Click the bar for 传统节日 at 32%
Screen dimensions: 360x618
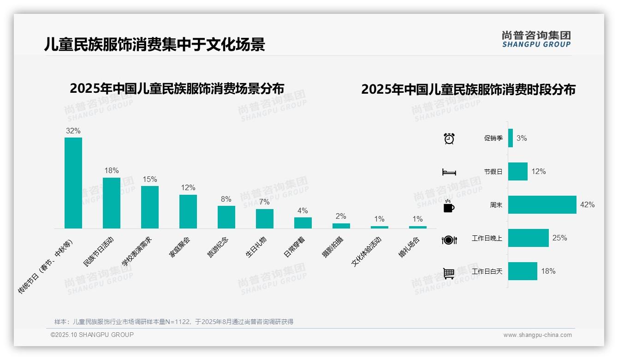click(73, 183)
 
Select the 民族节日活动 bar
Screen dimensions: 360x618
click(112, 203)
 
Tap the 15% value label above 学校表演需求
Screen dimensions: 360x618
click(150, 179)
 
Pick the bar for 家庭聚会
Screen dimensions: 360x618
click(188, 211)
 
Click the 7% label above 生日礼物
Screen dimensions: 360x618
click(265, 202)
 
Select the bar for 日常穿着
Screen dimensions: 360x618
click(303, 222)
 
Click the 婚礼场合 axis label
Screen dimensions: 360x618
click(410, 247)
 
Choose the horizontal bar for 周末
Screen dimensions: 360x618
click(542, 204)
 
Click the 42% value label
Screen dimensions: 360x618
click(588, 204)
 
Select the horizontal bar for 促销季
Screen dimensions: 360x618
click(511, 138)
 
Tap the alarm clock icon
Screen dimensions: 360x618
click(449, 138)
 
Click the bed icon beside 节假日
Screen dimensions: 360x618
click(449, 172)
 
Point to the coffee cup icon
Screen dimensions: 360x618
click(449, 206)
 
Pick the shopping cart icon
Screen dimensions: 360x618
click(449, 273)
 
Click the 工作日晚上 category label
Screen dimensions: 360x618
click(487, 238)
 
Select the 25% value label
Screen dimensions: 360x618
click(559, 238)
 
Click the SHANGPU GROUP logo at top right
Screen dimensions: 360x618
click(536, 39)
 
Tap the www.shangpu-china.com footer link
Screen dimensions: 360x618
click(537, 335)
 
